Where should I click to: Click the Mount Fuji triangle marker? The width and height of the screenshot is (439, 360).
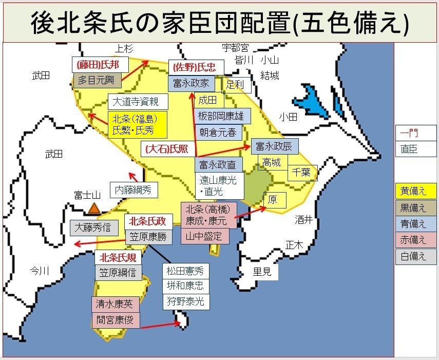93,208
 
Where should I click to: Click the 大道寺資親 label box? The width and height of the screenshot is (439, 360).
136,101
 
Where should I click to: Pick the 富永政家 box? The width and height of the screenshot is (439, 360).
191,83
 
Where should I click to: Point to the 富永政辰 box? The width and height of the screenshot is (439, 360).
274,146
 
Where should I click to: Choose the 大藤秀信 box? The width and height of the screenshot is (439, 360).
93,228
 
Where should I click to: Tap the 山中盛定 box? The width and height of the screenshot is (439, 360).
204,236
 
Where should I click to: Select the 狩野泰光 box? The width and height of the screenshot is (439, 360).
185,301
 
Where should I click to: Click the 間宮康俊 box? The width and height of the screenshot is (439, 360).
115,320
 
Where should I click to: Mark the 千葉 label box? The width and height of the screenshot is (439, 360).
302,172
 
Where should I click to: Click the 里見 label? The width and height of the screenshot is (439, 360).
262,272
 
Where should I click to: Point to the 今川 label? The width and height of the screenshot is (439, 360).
40,271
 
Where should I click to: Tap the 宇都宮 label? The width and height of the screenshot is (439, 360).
235,48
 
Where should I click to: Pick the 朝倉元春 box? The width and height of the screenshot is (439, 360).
218,131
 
